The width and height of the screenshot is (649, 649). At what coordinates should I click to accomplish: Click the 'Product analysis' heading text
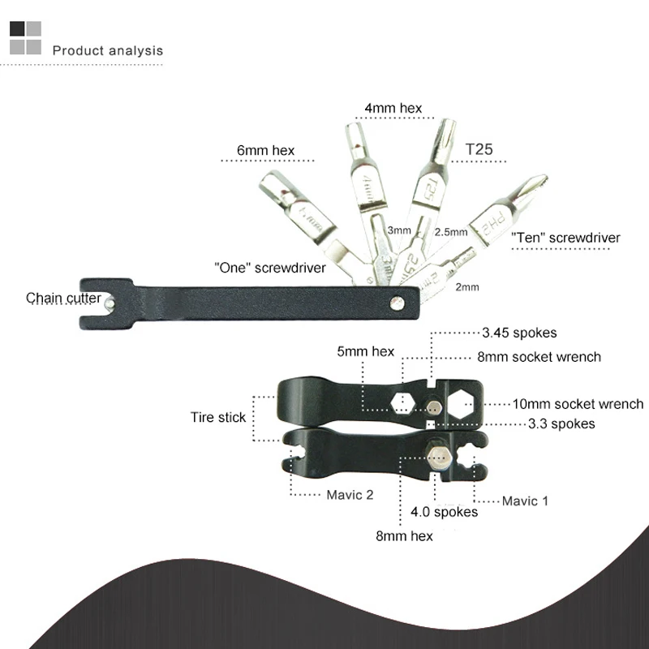point(107,50)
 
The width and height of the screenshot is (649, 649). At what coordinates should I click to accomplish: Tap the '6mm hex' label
point(264,150)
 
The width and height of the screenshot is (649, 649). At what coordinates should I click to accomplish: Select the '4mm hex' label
point(393,108)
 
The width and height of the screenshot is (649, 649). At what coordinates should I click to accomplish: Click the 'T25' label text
point(479,150)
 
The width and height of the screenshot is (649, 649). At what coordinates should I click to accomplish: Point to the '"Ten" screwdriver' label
point(565,238)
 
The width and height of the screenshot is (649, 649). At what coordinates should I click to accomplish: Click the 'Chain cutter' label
point(63,299)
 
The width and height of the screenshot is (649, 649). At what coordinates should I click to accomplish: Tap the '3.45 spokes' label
point(519,333)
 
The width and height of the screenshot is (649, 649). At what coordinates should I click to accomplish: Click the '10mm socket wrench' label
point(578,403)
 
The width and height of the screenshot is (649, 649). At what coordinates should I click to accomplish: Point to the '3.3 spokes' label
point(561,423)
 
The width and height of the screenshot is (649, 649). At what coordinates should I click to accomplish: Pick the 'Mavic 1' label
point(525,501)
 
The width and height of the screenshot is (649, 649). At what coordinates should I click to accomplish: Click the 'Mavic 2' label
point(350,495)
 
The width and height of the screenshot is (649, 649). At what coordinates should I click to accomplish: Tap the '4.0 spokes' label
point(444,512)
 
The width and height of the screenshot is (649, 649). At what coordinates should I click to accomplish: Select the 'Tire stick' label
point(217,418)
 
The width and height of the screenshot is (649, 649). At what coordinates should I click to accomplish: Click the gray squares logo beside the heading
point(25,37)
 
